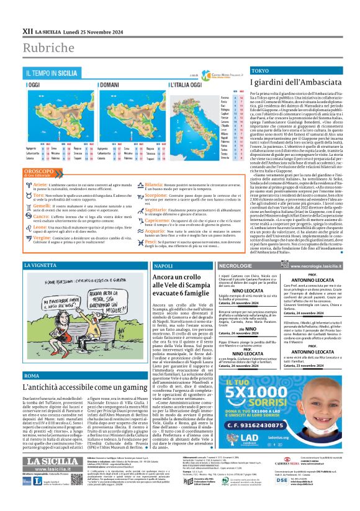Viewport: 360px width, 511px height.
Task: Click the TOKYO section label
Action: (x=261, y=89)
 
